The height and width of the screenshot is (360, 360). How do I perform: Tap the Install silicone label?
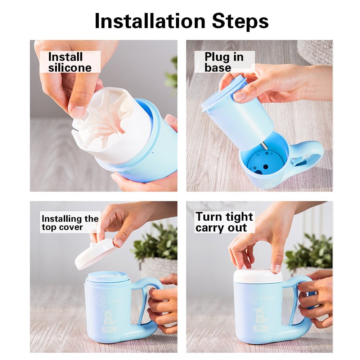[x=69, y=62]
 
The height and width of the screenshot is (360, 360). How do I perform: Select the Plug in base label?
[x=224, y=62]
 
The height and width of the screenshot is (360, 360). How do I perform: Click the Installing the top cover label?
[x=70, y=222]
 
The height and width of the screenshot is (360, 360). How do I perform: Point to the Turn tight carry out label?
[x=224, y=222]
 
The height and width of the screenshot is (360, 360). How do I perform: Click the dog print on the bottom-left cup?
[x=108, y=317]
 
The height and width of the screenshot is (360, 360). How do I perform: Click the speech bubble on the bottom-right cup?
[x=252, y=298]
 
